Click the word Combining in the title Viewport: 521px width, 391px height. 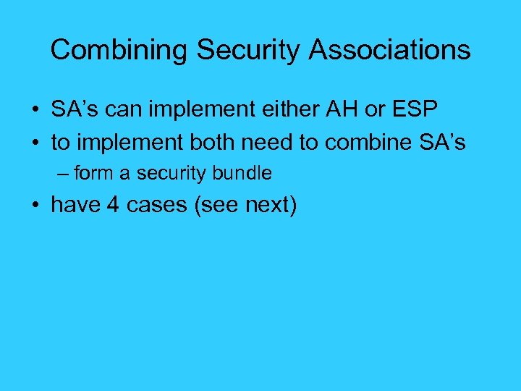click(119, 50)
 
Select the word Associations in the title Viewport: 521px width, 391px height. click(390, 50)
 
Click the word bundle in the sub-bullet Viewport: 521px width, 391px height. click(246, 174)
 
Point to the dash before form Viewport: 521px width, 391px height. click(64, 174)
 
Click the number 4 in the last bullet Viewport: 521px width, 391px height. click(112, 206)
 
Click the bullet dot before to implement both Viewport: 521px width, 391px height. click(35, 143)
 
